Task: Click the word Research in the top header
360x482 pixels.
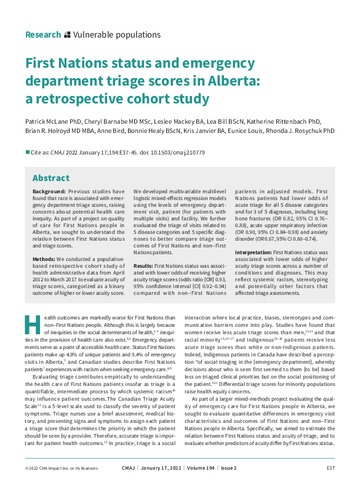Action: [x=43, y=35]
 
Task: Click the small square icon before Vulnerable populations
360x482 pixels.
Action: [x=67, y=35]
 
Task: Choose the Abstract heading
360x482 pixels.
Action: [x=51, y=178]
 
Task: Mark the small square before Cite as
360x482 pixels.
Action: [x=27, y=152]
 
